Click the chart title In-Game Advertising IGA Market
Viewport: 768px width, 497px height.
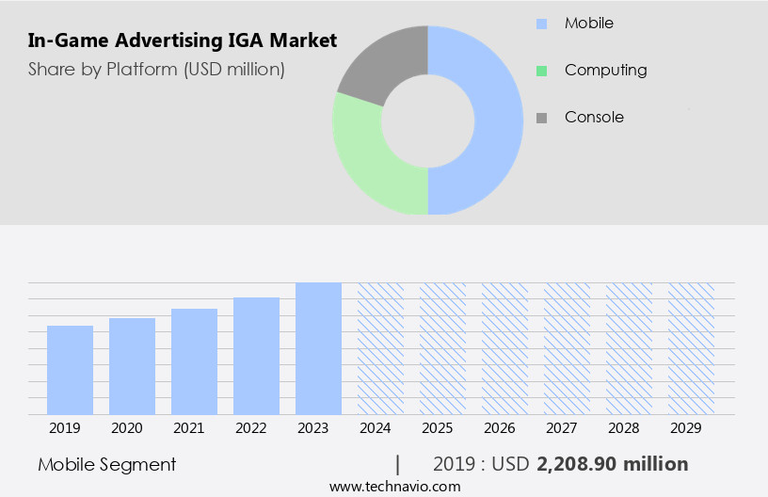pos(182,41)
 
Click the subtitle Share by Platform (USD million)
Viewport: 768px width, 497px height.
pos(155,70)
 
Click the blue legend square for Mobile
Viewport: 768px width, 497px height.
pos(541,23)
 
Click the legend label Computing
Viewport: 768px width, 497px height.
pos(605,70)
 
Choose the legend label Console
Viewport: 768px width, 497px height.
pos(594,118)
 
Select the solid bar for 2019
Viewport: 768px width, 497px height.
pos(70,370)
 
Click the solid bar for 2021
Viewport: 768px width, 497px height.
pos(194,361)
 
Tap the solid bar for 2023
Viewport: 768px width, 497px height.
pos(318,348)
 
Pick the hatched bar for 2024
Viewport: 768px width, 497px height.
pos(380,348)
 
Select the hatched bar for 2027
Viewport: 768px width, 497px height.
pos(567,348)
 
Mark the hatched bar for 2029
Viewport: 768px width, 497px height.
pos(691,348)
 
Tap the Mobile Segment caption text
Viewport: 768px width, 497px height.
pos(107,464)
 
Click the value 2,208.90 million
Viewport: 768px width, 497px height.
pos(612,464)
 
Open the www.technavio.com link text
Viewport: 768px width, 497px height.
pos(394,487)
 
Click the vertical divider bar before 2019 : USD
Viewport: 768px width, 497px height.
pos(398,464)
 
